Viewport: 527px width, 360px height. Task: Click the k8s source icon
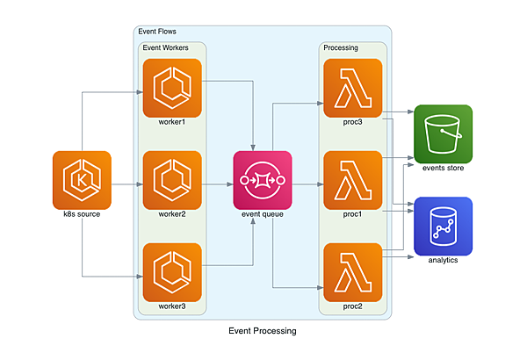(81, 180)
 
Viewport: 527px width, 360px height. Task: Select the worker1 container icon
(171, 88)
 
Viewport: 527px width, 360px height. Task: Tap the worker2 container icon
(171, 180)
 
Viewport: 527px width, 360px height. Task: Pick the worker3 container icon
(171, 272)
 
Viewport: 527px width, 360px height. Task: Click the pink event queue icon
(262, 180)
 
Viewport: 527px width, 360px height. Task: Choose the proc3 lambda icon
(352, 88)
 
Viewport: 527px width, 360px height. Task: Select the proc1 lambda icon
(352, 180)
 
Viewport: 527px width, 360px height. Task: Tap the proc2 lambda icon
(352, 272)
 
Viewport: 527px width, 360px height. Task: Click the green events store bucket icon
(443, 133)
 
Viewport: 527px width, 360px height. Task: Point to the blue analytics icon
(443, 226)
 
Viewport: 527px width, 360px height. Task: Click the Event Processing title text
(262, 332)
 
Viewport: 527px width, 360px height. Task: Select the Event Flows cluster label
(158, 32)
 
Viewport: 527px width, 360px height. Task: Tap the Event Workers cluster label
(164, 47)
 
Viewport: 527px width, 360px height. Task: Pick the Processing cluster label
(341, 47)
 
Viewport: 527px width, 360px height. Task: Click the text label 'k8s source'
(81, 214)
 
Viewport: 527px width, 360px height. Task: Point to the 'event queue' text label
(262, 214)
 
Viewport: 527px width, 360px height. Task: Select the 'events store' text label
(443, 168)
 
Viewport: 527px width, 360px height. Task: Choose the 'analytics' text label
(443, 260)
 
